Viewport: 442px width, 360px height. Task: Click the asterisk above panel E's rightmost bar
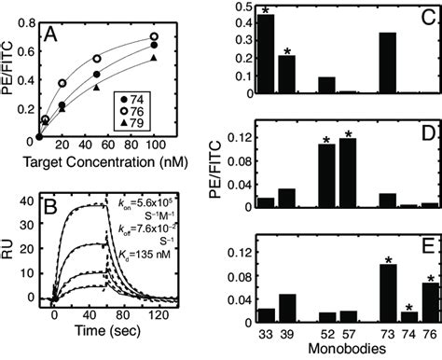pos(404,278)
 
